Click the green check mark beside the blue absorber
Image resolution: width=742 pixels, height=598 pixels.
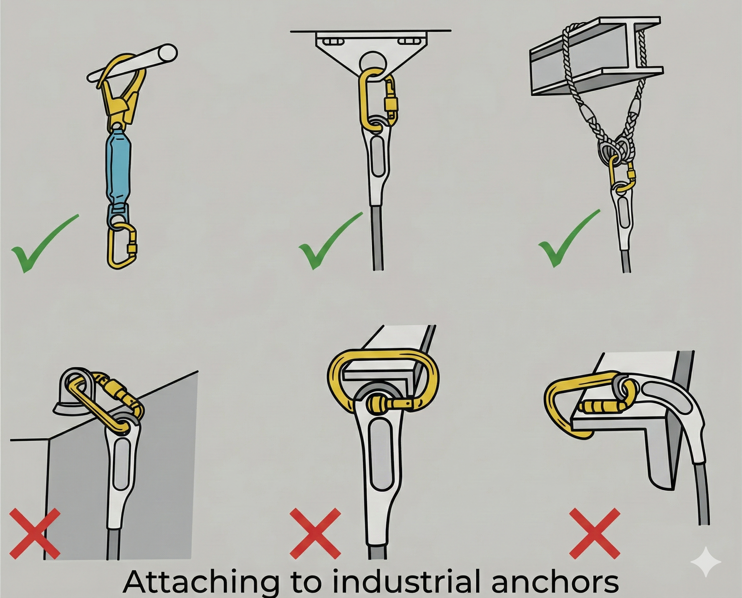click(x=44, y=243)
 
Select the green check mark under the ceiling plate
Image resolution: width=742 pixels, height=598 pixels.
click(x=330, y=241)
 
